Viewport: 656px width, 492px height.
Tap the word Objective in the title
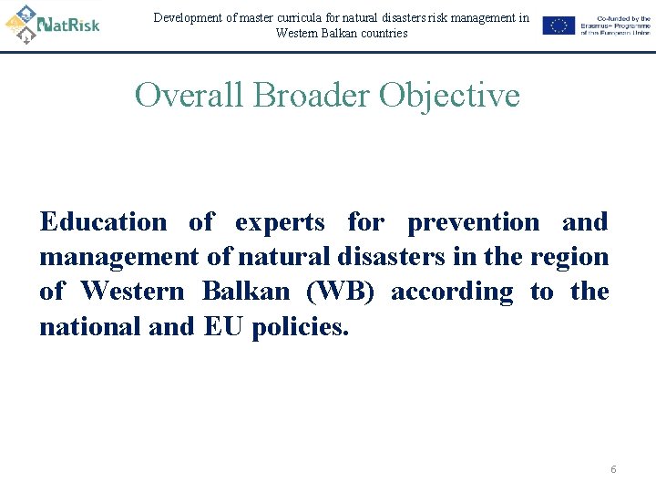449,95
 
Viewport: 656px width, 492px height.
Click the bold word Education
103,222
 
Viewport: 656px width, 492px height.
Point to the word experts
279,222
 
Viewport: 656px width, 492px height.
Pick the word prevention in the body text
473,222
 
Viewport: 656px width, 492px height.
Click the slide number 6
613,469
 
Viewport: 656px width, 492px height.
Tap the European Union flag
559,26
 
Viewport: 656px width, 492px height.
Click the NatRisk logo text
68,24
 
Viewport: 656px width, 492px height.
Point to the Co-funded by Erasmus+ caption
615,26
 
